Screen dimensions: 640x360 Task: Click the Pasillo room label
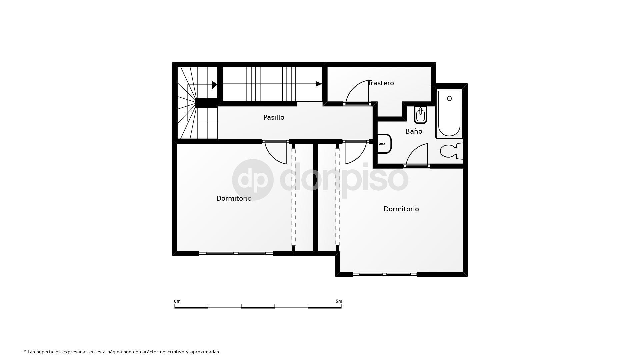(x=274, y=117)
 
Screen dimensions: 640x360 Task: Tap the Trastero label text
(x=381, y=83)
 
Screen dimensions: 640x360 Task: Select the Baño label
(x=414, y=131)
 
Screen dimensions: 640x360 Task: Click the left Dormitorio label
(x=234, y=198)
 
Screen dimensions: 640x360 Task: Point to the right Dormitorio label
(x=401, y=209)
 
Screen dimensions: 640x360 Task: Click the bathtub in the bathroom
(x=449, y=114)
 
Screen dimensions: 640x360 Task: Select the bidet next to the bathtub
(x=420, y=115)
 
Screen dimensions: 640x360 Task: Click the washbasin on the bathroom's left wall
(x=384, y=144)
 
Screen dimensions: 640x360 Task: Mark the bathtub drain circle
(x=449, y=98)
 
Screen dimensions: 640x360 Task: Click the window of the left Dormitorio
(x=236, y=253)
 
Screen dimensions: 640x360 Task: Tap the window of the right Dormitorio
(x=385, y=274)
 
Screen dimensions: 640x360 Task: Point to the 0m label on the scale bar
(x=177, y=301)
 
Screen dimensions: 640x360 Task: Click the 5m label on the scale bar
(x=339, y=301)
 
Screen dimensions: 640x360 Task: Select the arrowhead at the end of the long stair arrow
(x=319, y=84)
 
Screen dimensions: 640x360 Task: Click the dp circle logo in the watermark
(x=253, y=180)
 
